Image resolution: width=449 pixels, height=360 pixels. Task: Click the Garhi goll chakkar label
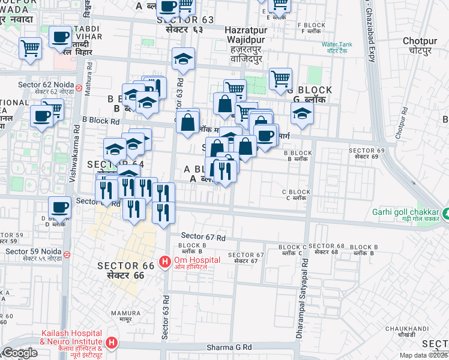[405, 211]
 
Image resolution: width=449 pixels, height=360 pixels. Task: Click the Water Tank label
[340, 44]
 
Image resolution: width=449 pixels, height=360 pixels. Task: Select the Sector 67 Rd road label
[203, 237]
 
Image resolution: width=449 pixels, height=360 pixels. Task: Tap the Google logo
[20, 353]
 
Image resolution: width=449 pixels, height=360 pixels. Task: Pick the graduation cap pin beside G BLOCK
[302, 113]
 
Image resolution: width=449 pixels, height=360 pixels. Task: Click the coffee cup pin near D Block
[59, 207]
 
